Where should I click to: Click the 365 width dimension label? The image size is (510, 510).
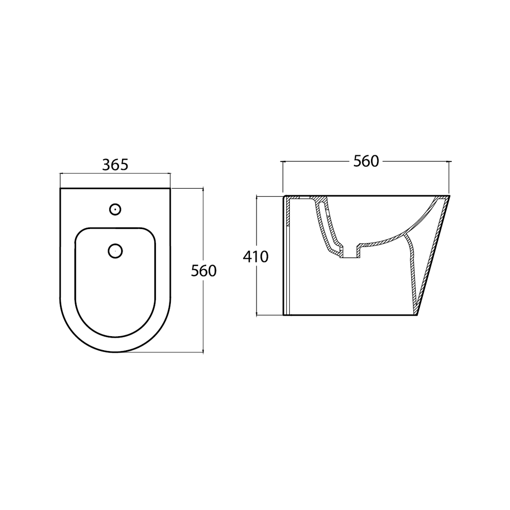point(115,164)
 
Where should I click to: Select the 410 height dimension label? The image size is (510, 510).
point(255,256)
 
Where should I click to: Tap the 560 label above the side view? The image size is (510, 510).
point(366,161)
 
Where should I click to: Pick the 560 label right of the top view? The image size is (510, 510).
point(204,271)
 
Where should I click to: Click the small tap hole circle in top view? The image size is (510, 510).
point(115,209)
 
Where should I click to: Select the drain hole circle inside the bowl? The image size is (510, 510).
point(115,251)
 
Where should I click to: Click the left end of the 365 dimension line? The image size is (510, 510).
point(60,173)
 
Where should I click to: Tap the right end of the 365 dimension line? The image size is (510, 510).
point(170,173)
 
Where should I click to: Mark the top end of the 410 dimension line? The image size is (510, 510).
point(256,196)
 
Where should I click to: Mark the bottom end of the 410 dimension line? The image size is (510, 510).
point(256,315)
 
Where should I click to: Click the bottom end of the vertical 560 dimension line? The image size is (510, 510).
point(203,352)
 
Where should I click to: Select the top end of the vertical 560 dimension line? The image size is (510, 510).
point(203,188)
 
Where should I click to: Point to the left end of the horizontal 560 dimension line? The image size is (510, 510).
point(282,161)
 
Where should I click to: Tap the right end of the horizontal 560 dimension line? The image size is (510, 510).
point(450,161)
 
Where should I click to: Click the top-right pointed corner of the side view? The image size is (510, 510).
point(449,196)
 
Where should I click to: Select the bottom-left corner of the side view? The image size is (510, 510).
point(283,315)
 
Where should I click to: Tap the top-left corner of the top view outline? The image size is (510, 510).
point(60,189)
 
